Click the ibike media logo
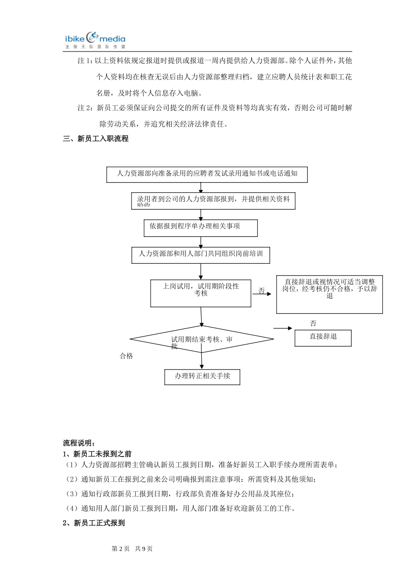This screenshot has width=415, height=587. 95,40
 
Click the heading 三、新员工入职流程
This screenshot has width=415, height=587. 96,139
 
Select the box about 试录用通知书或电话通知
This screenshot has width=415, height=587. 207,174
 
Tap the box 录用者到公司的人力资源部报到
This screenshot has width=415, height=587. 213,201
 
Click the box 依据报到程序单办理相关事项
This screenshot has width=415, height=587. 201,228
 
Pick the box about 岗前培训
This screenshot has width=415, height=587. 201,255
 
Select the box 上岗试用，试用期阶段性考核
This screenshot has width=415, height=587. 201,293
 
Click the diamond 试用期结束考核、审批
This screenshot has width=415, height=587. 202,339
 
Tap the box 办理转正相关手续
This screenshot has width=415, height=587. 202,377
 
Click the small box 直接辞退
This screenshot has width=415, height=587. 323,338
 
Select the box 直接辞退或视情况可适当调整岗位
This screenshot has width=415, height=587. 329,294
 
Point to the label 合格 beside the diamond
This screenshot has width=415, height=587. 126,356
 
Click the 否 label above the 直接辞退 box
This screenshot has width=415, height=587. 313,324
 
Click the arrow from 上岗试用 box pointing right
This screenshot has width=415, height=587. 262,294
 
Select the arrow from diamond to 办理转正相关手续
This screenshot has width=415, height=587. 202,361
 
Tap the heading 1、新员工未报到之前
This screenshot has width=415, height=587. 97,454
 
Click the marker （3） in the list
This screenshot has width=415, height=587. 71,494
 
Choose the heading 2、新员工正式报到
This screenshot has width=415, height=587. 94,523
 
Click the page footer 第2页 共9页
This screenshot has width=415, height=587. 132,549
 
